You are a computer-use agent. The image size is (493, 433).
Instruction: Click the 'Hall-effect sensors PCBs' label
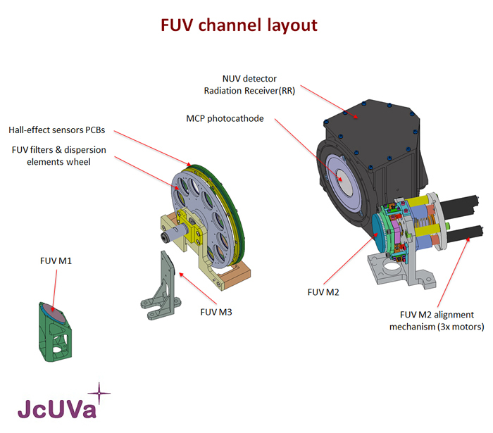(x=61, y=130)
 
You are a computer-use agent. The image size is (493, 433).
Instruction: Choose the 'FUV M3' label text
(x=216, y=311)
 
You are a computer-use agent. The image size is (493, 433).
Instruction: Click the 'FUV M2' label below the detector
(x=323, y=291)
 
